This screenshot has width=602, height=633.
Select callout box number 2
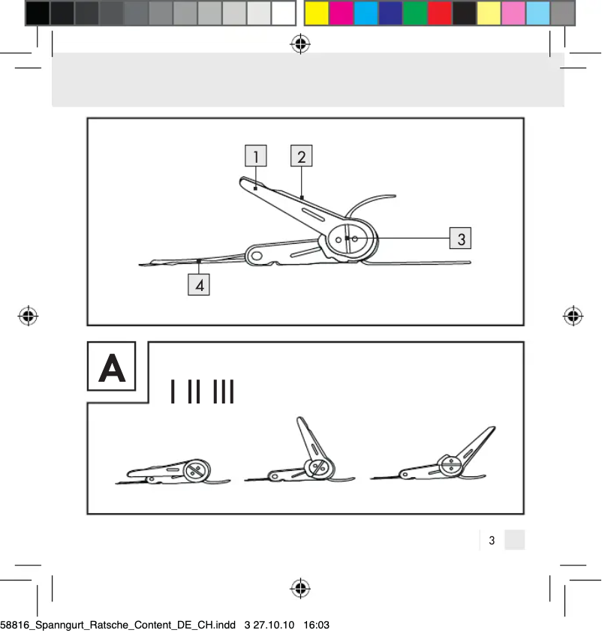click(301, 156)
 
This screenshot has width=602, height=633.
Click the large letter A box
click(112, 367)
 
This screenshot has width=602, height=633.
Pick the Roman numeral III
click(224, 392)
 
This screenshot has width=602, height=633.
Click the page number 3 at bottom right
click(492, 540)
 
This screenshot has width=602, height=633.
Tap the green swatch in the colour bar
click(414, 13)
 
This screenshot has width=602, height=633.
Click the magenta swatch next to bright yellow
click(342, 13)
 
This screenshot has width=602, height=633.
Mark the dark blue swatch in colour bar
click(390, 13)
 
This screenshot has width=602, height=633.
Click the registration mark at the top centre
click(300, 45)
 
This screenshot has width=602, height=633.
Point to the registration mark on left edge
click(29, 316)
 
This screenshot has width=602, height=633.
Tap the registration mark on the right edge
click(573, 316)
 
